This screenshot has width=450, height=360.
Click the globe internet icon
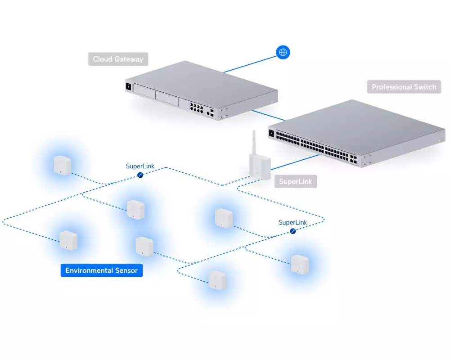(x=283, y=53)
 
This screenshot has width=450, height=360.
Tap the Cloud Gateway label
(x=118, y=59)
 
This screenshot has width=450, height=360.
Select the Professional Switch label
(x=404, y=87)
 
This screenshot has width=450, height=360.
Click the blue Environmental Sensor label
(x=101, y=270)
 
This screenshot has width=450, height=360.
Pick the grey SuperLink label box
(x=295, y=181)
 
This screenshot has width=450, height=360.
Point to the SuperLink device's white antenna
(x=253, y=142)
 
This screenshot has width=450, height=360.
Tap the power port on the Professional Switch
(x=271, y=133)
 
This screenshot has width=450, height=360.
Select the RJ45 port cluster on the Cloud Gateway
(x=196, y=108)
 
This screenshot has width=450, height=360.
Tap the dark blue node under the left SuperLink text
(x=140, y=174)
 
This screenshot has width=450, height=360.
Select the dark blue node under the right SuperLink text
(x=293, y=231)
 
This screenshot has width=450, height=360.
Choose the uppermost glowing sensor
(x=62, y=165)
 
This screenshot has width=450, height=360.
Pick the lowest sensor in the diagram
(x=217, y=280)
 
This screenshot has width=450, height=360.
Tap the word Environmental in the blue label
(x=89, y=270)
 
